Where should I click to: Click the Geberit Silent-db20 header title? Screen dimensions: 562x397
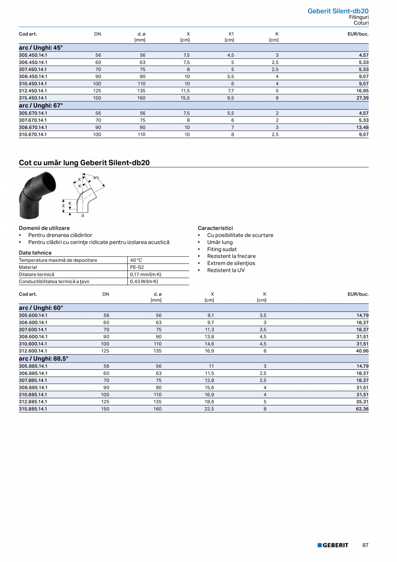coord(338,11)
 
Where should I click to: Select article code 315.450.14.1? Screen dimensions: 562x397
coord(33,98)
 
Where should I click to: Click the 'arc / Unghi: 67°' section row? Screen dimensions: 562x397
coord(41,105)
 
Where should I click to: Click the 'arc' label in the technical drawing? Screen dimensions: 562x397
coord(96,178)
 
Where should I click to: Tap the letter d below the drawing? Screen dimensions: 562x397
coord(82,215)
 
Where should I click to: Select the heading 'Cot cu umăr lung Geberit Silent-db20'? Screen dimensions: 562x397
coord(84,163)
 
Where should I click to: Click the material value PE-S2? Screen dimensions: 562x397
coord(137,267)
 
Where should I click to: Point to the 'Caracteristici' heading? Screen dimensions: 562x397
coord(215,228)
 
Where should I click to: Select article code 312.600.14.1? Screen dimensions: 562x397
coord(33,351)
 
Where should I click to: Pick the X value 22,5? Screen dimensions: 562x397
coord(209,408)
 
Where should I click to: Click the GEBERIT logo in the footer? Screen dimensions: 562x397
coord(333,545)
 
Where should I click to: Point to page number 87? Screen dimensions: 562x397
coord(365,545)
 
